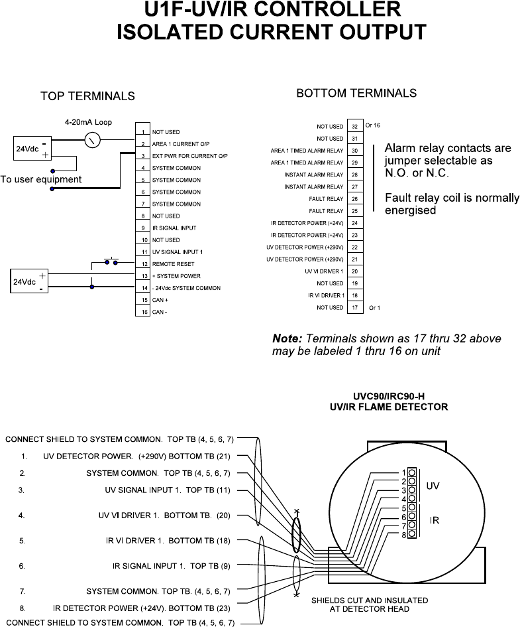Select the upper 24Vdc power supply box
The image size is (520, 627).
pos(30,149)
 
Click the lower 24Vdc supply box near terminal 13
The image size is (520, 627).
pos(26,281)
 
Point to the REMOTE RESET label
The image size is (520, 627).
pos(171,264)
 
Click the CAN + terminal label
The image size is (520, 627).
pos(161,300)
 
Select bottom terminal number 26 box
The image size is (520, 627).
pos(355,199)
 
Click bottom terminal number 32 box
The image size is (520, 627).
pos(355,126)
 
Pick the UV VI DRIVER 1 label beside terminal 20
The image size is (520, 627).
pos(324,271)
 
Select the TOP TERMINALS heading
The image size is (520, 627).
pos(87,96)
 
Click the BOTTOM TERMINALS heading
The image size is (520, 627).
pos(356,93)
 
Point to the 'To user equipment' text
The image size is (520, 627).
pos(41,179)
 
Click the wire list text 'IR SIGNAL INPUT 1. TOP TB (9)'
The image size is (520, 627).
pos(172,566)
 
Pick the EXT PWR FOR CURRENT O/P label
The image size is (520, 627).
pos(189,156)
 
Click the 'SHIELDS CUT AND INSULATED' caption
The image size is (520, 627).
pos(370,600)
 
